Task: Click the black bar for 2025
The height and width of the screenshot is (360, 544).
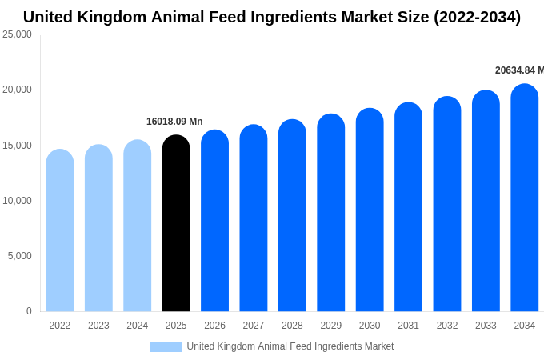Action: point(176,224)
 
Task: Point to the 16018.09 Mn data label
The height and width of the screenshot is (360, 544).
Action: point(174,122)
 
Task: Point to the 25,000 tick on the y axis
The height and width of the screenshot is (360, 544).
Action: point(17,34)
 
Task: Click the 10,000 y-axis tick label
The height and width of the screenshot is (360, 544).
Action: point(17,201)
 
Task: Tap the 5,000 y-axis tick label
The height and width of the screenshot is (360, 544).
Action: point(19,256)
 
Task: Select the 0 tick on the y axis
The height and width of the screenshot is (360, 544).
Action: point(29,311)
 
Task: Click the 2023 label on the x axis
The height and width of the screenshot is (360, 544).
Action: point(98,326)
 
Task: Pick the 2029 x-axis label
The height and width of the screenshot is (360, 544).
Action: point(331,326)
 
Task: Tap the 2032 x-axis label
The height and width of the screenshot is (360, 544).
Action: point(447,326)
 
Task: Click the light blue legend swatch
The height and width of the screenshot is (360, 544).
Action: point(166,346)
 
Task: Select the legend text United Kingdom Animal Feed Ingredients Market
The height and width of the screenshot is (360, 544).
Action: point(290,346)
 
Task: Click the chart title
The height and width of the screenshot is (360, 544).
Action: point(272,17)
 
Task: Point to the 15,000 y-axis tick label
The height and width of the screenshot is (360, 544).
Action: point(17,146)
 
